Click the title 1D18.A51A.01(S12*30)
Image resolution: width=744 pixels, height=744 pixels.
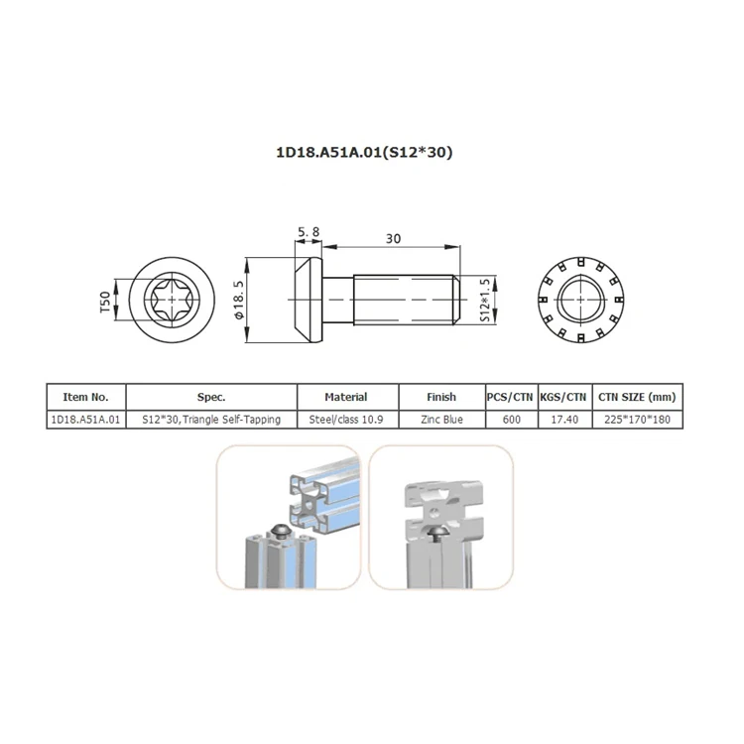tap(371, 154)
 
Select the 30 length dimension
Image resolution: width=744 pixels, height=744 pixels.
tap(394, 238)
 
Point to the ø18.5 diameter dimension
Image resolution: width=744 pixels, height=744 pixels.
tap(239, 299)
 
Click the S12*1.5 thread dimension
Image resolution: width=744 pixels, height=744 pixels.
tap(485, 299)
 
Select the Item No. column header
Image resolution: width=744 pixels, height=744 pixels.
tap(86, 397)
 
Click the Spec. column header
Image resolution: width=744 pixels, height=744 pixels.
tap(211, 397)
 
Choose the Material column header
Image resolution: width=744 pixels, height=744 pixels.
tap(345, 397)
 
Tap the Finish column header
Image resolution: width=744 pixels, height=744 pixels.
tap(440, 397)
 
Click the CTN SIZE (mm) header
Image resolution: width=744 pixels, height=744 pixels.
tap(641, 397)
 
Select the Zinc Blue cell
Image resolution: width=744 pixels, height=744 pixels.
tap(440, 420)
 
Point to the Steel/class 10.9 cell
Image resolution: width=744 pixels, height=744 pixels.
tap(345, 420)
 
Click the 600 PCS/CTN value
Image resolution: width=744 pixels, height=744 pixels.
tap(510, 420)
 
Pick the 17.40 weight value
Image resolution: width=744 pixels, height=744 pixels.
tap(563, 420)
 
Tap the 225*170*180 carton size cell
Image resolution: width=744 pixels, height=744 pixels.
tap(641, 420)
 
